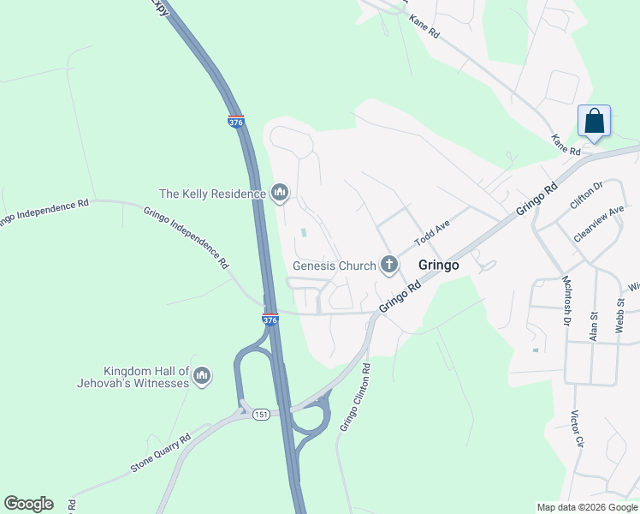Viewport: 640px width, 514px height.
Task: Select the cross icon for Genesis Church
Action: point(390,265)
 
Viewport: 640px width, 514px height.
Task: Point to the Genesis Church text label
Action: point(334,266)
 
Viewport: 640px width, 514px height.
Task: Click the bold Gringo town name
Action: point(439,266)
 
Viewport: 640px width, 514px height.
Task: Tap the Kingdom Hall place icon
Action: point(202,376)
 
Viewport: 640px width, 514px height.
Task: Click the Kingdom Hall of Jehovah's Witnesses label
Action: point(145,377)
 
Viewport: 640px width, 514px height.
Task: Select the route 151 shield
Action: point(261,414)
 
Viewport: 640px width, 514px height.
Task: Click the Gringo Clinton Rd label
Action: point(354,396)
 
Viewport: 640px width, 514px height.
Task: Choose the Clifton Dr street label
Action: point(586,196)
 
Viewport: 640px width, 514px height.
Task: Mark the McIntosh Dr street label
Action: point(566,301)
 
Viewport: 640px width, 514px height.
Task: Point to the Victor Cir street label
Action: point(578,431)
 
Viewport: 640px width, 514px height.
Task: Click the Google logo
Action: point(28,504)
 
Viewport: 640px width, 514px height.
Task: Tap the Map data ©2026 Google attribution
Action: point(587,507)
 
